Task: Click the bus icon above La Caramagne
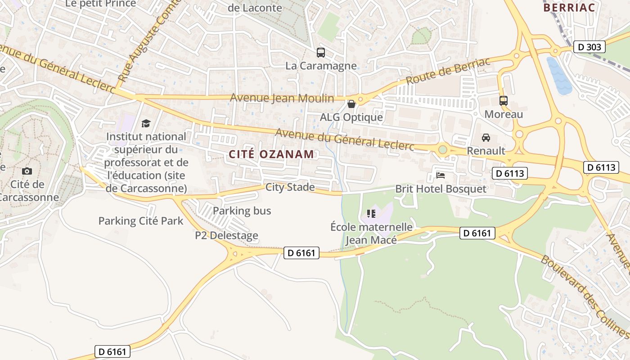click(x=320, y=53)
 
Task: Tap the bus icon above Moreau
click(x=503, y=101)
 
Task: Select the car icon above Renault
click(x=486, y=138)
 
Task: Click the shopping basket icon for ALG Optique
click(x=351, y=104)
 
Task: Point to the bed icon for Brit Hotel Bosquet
click(x=441, y=175)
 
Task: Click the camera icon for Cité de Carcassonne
click(x=27, y=171)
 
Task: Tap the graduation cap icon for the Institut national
click(x=146, y=123)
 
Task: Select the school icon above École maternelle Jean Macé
click(x=371, y=213)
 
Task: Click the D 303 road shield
click(x=589, y=47)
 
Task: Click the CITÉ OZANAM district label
click(x=271, y=154)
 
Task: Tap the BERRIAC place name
click(x=569, y=8)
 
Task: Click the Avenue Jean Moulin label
click(x=282, y=98)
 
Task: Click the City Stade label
click(x=290, y=187)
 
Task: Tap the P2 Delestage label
click(x=226, y=235)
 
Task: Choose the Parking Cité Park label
click(x=141, y=221)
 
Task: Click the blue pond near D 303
click(x=559, y=76)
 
